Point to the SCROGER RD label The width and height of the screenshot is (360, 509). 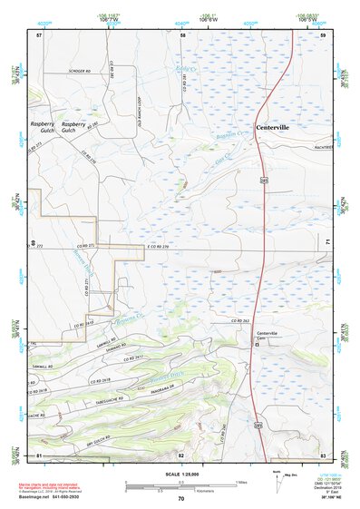pyautogui.click(x=82, y=71)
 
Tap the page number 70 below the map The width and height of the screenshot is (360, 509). pyautogui.click(x=181, y=498)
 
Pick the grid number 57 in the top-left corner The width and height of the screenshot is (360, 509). pyautogui.click(x=39, y=34)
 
